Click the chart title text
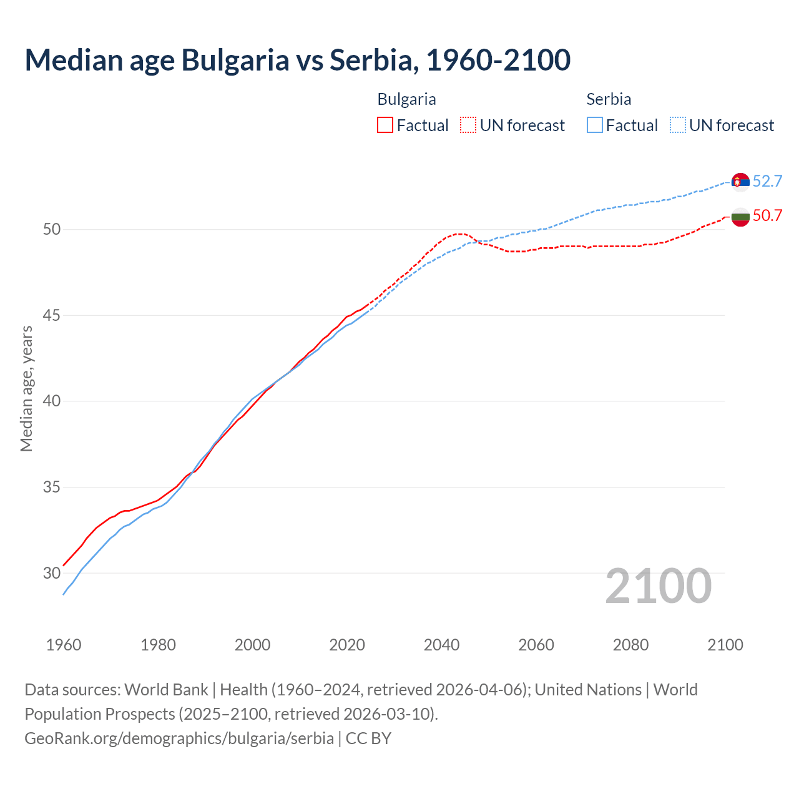pos(297,60)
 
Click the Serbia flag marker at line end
pos(740,182)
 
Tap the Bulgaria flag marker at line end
pos(740,217)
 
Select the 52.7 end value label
pos(767,182)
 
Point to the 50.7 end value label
pos(767,216)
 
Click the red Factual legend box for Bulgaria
pos(385,125)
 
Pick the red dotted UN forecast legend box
pos(468,125)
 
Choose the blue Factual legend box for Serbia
pos(595,125)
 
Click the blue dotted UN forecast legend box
pos(677,125)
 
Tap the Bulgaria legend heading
pos(406,99)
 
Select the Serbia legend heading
pos(609,99)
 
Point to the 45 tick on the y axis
pos(52,315)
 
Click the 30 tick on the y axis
pos(52,573)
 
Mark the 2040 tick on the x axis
pos(441,645)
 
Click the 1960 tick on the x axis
pos(64,645)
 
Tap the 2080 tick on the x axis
pos(630,645)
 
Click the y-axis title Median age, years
pos(26,388)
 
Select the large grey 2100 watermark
pos(658,586)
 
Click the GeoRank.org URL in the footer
pos(179,738)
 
